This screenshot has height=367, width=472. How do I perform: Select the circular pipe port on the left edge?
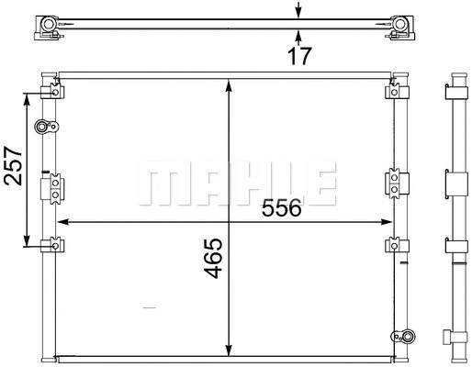click(41, 127)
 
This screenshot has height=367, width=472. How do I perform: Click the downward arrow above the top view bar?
click(297, 11)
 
